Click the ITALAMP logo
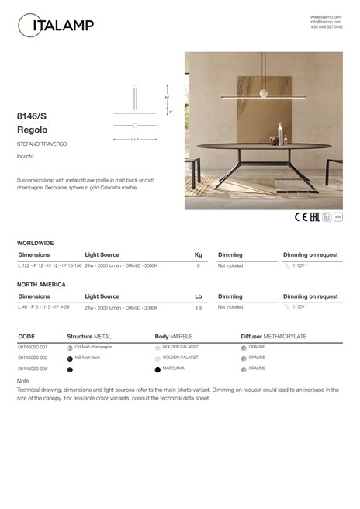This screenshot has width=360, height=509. [x=55, y=26]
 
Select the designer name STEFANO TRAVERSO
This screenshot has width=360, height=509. [x=40, y=145]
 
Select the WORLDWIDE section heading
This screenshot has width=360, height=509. [x=35, y=243]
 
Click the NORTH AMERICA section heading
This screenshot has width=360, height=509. [x=41, y=285]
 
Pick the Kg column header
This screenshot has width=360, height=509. [x=198, y=254]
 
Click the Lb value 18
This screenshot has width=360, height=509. [x=198, y=308]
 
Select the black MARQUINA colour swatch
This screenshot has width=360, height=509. [x=157, y=369]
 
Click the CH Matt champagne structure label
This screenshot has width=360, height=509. [x=93, y=347]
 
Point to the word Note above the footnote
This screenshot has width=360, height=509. [x=22, y=382]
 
